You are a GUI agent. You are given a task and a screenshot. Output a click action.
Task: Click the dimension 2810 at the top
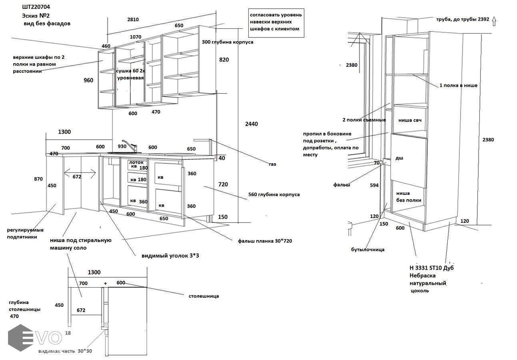[133, 20]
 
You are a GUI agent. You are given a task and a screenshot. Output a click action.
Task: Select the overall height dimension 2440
[251, 124]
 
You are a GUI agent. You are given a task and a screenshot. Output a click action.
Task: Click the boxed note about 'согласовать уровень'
[276, 22]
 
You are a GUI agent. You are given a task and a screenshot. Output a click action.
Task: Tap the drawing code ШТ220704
[36, 7]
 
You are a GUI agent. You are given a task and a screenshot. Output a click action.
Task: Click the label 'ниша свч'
[410, 120]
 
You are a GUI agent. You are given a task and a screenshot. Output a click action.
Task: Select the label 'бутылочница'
[368, 250]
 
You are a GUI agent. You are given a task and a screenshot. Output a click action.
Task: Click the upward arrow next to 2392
[494, 21]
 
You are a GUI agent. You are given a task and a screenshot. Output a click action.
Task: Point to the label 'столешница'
[204, 296]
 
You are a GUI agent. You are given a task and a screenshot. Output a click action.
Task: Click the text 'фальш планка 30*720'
[267, 241]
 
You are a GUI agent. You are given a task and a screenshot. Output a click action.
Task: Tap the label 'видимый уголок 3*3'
[170, 256]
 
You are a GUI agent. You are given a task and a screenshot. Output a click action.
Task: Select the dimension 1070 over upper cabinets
[136, 37]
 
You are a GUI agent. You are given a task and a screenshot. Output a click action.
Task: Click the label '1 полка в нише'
[458, 85]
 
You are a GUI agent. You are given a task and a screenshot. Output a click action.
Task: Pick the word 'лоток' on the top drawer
[136, 162]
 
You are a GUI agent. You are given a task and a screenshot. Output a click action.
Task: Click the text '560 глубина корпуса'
[274, 195]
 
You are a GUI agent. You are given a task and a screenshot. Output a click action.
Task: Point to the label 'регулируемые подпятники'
[25, 233]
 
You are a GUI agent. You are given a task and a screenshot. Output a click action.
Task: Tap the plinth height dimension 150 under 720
[223, 217]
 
